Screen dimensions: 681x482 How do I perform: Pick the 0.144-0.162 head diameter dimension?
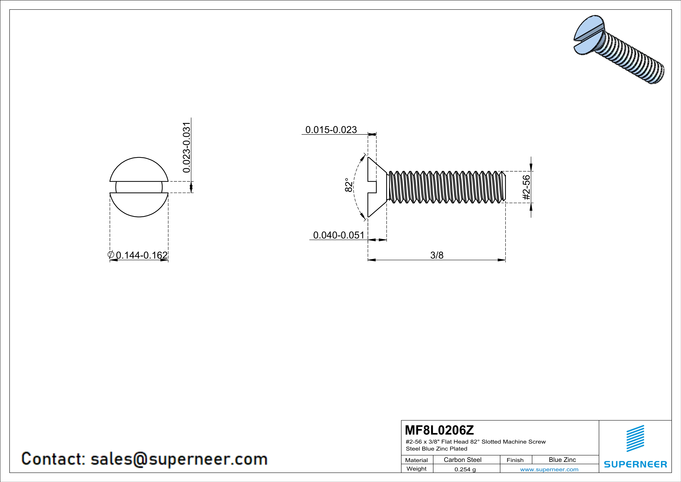click(x=142, y=255)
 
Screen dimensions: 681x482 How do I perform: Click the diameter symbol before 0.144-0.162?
click(x=111, y=254)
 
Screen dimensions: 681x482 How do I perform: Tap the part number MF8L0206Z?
click(x=439, y=430)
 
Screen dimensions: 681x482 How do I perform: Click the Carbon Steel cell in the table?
click(x=462, y=460)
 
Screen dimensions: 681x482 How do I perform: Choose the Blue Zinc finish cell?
click(x=562, y=460)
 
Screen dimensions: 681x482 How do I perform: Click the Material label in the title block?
click(x=417, y=460)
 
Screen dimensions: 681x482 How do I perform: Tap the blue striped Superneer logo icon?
click(x=635, y=439)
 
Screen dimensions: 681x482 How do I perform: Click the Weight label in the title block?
click(x=417, y=469)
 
